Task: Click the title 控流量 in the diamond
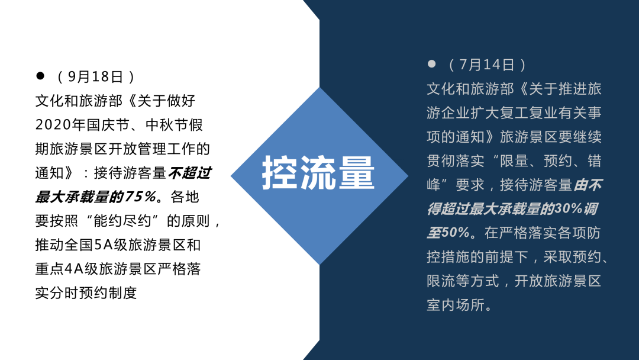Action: [x=318, y=173]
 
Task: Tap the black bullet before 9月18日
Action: [x=40, y=75]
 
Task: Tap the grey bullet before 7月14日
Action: [x=431, y=63]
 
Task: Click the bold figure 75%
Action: [x=140, y=197]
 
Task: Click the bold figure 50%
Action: [x=455, y=233]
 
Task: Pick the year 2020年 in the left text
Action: [x=60, y=125]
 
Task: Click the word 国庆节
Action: [x=108, y=125]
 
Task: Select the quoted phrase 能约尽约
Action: [x=122, y=221]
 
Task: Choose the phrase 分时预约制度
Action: [x=93, y=293]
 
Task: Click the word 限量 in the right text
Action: [x=514, y=161]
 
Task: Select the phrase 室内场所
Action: [x=456, y=305]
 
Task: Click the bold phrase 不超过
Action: [x=189, y=173]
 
